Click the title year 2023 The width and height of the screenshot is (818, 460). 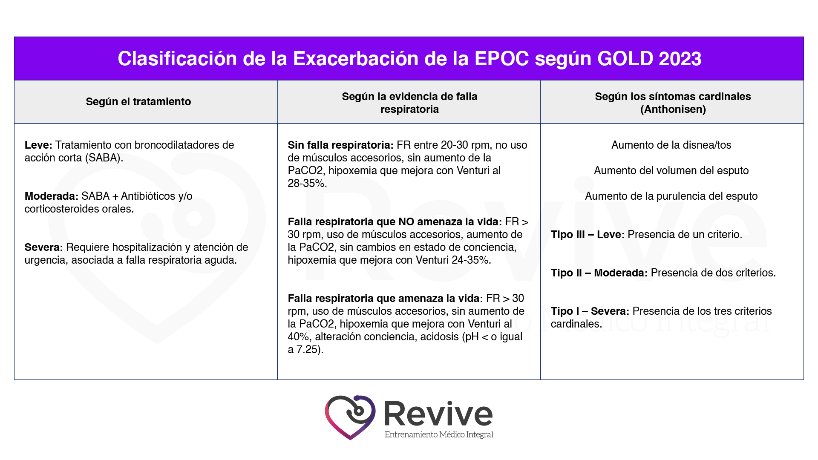(680, 59)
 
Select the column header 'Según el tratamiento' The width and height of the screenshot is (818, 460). (138, 102)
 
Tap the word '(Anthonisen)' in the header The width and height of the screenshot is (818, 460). (673, 109)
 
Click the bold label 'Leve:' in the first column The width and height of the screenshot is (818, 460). (38, 145)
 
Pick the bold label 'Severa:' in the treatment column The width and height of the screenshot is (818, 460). (43, 247)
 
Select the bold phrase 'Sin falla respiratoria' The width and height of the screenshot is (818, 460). (339, 145)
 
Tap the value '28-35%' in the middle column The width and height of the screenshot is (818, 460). (306, 184)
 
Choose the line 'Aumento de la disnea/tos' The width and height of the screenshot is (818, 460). (671, 145)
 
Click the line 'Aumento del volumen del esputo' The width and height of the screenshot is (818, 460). (671, 171)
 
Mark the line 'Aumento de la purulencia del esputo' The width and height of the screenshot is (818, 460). (671, 196)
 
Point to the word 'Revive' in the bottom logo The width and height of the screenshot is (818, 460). (438, 414)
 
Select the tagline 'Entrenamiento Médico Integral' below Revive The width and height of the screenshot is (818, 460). (439, 434)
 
